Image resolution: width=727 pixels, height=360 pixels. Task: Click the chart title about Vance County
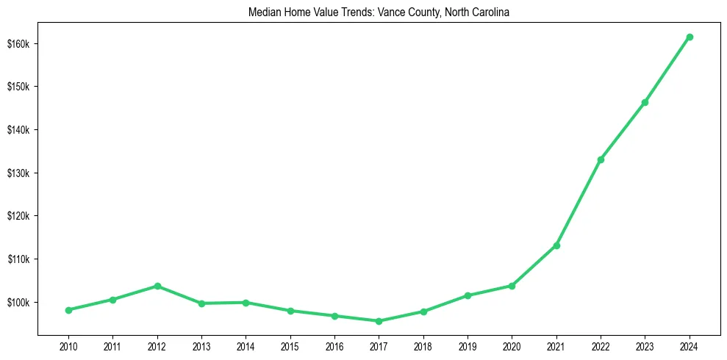coord(379,12)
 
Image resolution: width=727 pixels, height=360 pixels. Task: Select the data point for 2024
coord(690,37)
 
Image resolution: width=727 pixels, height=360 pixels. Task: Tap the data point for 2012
coord(157,286)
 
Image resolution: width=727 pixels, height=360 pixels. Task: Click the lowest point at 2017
coord(379,321)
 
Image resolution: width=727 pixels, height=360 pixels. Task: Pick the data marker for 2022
coord(601,159)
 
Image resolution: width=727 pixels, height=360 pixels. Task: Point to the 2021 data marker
coord(556,245)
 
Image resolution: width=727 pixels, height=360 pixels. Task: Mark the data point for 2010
coord(68,310)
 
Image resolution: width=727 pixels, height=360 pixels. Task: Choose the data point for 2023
coord(645,102)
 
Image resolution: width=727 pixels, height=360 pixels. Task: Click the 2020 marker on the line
coord(512,286)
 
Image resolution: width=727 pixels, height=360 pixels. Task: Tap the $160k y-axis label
coord(18,44)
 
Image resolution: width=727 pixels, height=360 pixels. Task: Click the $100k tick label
coord(18,303)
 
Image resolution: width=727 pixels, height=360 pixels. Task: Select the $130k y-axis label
coord(18,173)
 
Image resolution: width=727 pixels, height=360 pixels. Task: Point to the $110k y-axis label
coord(18,259)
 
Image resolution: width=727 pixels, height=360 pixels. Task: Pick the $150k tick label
coord(18,87)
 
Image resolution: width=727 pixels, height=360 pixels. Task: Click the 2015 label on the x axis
coord(290,345)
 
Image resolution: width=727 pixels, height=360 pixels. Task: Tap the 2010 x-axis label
coord(68,345)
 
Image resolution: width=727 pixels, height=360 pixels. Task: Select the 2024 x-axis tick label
coord(690,345)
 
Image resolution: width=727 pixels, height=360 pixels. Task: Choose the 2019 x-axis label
coord(468,345)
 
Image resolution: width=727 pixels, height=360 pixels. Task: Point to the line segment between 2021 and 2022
coord(579,203)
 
